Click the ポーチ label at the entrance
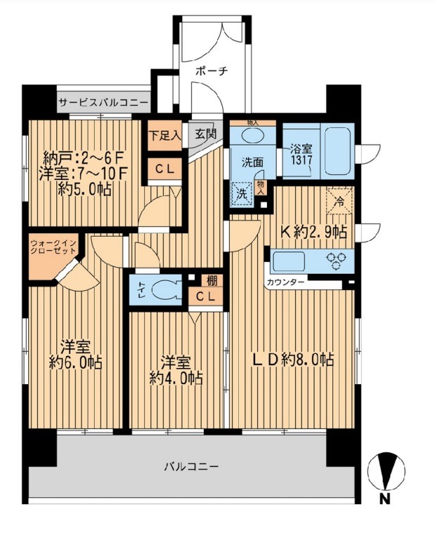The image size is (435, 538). click(212, 72)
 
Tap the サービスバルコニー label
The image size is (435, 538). click(104, 103)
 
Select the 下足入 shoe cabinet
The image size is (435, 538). click(165, 136)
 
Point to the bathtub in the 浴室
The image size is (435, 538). click(338, 150)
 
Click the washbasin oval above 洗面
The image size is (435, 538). click(253, 135)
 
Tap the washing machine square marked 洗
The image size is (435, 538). click(242, 194)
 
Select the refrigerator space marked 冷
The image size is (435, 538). click(339, 201)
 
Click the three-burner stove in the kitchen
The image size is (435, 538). click(335, 261)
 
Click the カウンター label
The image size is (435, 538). click(285, 282)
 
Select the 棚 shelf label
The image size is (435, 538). click(212, 281)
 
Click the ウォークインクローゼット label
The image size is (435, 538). click(53, 247)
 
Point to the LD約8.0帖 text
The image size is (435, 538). click(293, 360)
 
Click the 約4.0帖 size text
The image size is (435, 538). click(176, 378)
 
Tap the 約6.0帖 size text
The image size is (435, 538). click(75, 362)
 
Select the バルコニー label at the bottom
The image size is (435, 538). click(191, 467)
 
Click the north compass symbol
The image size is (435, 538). click(387, 471)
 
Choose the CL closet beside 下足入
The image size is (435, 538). click(165, 169)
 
